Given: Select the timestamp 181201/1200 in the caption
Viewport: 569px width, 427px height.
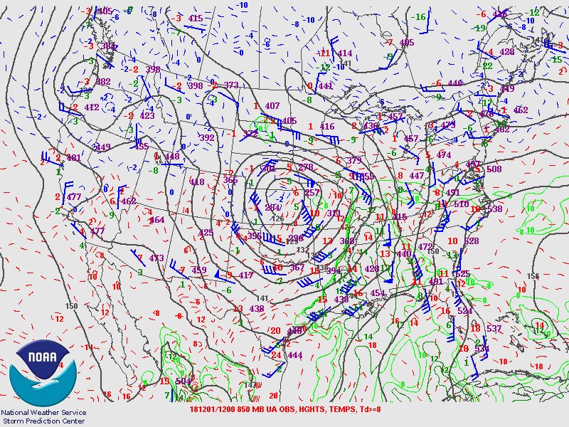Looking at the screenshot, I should tap(220, 410).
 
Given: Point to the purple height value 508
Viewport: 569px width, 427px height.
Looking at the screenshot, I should tap(494, 169).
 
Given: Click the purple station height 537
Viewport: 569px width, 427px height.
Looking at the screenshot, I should tap(494, 329).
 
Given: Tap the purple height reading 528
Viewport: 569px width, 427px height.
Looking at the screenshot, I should tap(471, 241).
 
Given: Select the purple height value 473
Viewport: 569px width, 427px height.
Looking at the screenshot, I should tap(156, 258).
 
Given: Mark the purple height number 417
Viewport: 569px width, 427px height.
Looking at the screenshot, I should tap(245, 275).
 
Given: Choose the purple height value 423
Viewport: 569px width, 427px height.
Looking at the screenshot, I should tap(147, 115).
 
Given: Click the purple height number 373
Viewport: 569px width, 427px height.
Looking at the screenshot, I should tap(231, 85).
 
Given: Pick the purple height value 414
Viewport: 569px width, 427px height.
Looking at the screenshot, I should tap(345, 53).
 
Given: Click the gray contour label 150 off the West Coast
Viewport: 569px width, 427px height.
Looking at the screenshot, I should tap(71, 306).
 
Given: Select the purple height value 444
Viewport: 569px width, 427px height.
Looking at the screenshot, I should tap(295, 355).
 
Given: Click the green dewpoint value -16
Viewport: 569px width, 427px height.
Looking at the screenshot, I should tap(420, 17).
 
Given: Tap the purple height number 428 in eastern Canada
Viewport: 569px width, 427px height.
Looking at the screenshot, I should tap(506, 52).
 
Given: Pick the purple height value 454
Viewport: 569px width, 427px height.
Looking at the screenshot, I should tap(377, 293).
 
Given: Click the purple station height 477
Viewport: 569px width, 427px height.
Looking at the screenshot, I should tap(73, 197).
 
